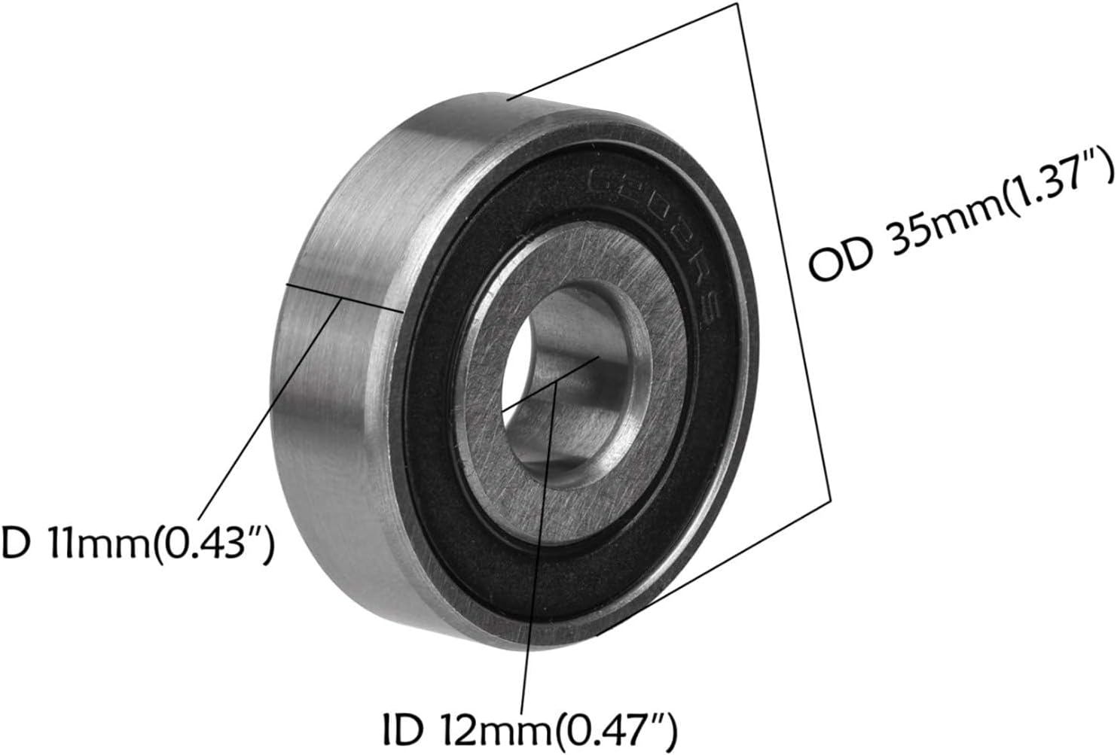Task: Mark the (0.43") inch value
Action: [x=212, y=544]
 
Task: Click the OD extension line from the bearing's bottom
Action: [x=716, y=565]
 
